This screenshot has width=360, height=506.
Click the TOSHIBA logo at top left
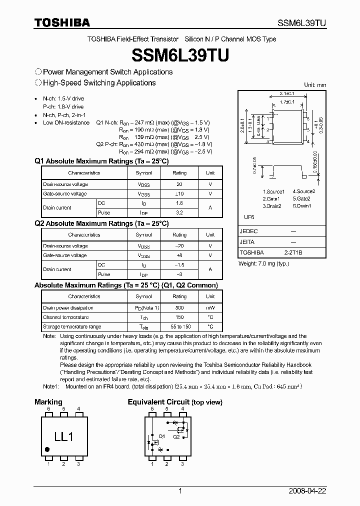tap(62, 22)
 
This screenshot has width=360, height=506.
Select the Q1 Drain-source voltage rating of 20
tap(179, 184)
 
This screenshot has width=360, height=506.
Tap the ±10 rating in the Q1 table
tap(179, 193)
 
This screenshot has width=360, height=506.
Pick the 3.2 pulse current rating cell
tap(179, 212)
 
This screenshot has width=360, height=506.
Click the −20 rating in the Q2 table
tap(179, 246)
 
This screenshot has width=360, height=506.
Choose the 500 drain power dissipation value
tap(179, 308)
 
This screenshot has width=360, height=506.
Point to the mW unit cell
tap(210, 308)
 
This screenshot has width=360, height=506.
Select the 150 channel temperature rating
tap(179, 317)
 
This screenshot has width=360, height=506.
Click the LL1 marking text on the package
tap(63, 436)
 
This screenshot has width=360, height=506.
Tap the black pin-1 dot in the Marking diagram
tap(47, 449)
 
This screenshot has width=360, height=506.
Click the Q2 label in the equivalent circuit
tap(176, 436)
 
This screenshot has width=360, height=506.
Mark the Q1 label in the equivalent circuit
tap(161, 436)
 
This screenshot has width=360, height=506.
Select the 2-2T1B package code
tap(293, 253)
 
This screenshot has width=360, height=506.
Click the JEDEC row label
tap(248, 231)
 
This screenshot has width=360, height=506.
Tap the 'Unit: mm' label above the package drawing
tap(315, 85)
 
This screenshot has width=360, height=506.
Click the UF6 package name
tap(248, 217)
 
